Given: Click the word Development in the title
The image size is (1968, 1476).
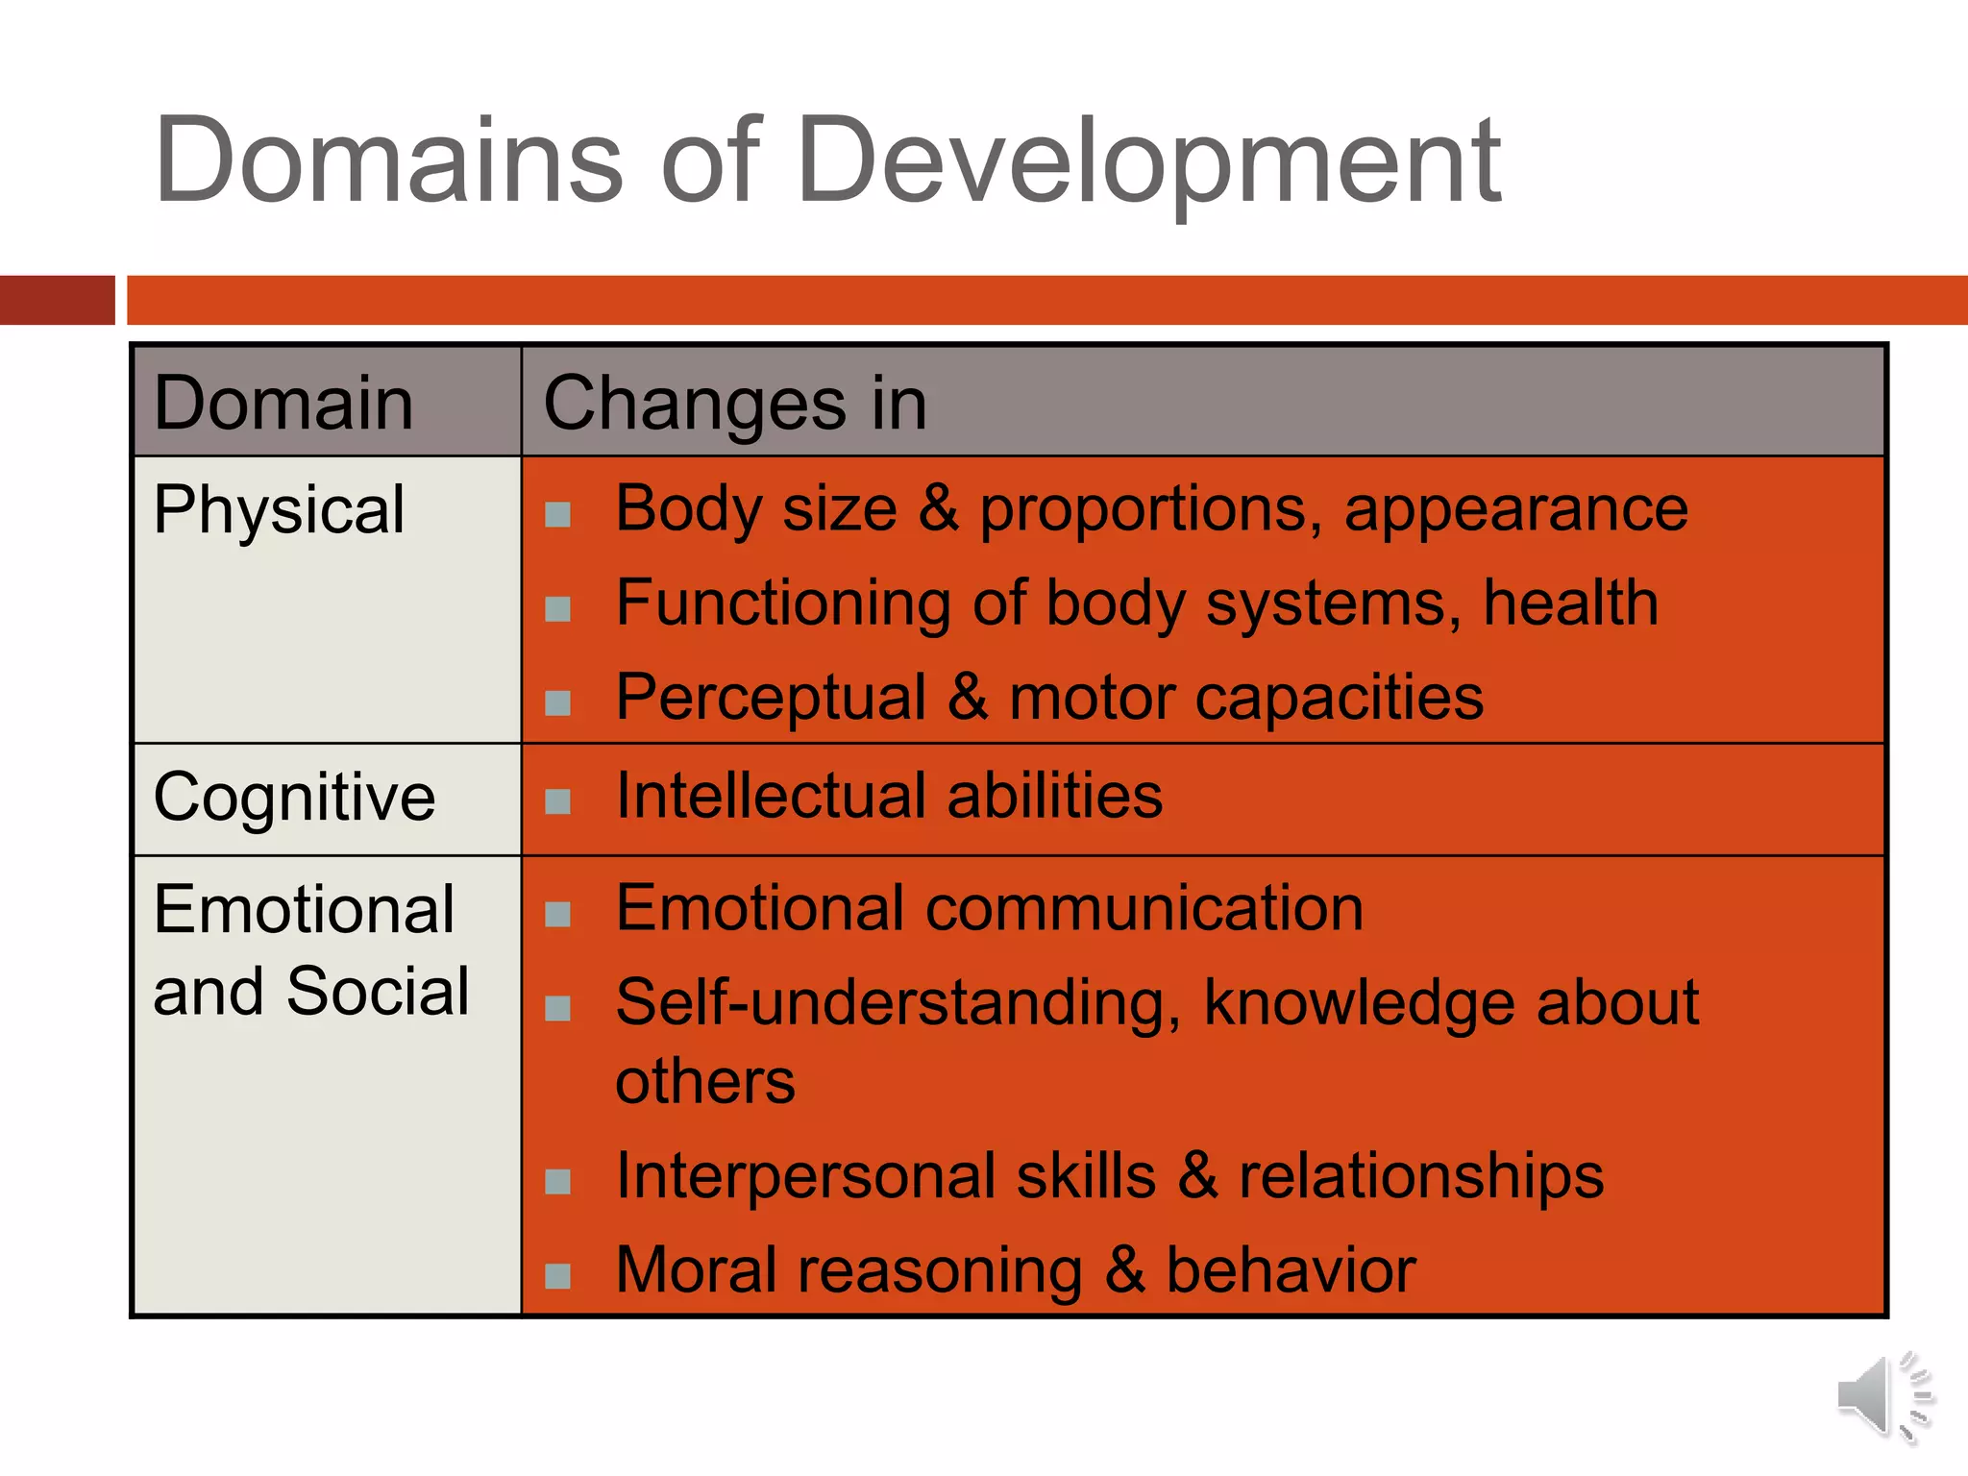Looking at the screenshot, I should (x=1148, y=160).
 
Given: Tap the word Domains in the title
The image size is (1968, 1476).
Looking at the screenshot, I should (x=389, y=160).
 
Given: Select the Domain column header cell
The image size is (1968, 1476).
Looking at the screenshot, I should (x=283, y=403).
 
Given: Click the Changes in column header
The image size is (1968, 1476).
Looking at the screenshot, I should (x=735, y=403).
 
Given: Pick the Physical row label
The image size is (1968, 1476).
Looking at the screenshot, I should (x=279, y=509).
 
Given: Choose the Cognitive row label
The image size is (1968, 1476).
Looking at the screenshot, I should (x=294, y=798).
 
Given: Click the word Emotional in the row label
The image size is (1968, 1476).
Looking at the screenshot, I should (x=304, y=909).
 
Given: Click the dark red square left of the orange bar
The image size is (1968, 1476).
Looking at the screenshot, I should (x=57, y=300).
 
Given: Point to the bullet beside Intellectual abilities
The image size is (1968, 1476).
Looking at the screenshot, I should (x=557, y=800).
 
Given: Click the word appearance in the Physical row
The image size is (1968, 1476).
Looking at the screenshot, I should (x=1515, y=508).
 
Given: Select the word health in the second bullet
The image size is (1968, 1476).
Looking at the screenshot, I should (x=1570, y=603).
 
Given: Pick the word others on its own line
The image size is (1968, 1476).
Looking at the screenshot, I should (x=705, y=1082).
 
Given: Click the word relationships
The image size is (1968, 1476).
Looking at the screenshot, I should (x=1421, y=1175).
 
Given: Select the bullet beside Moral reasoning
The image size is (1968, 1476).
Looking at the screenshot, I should (x=557, y=1275).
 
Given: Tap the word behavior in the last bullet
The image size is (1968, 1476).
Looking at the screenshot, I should (x=1291, y=1270).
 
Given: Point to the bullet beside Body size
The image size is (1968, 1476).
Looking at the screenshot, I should (x=557, y=514).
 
